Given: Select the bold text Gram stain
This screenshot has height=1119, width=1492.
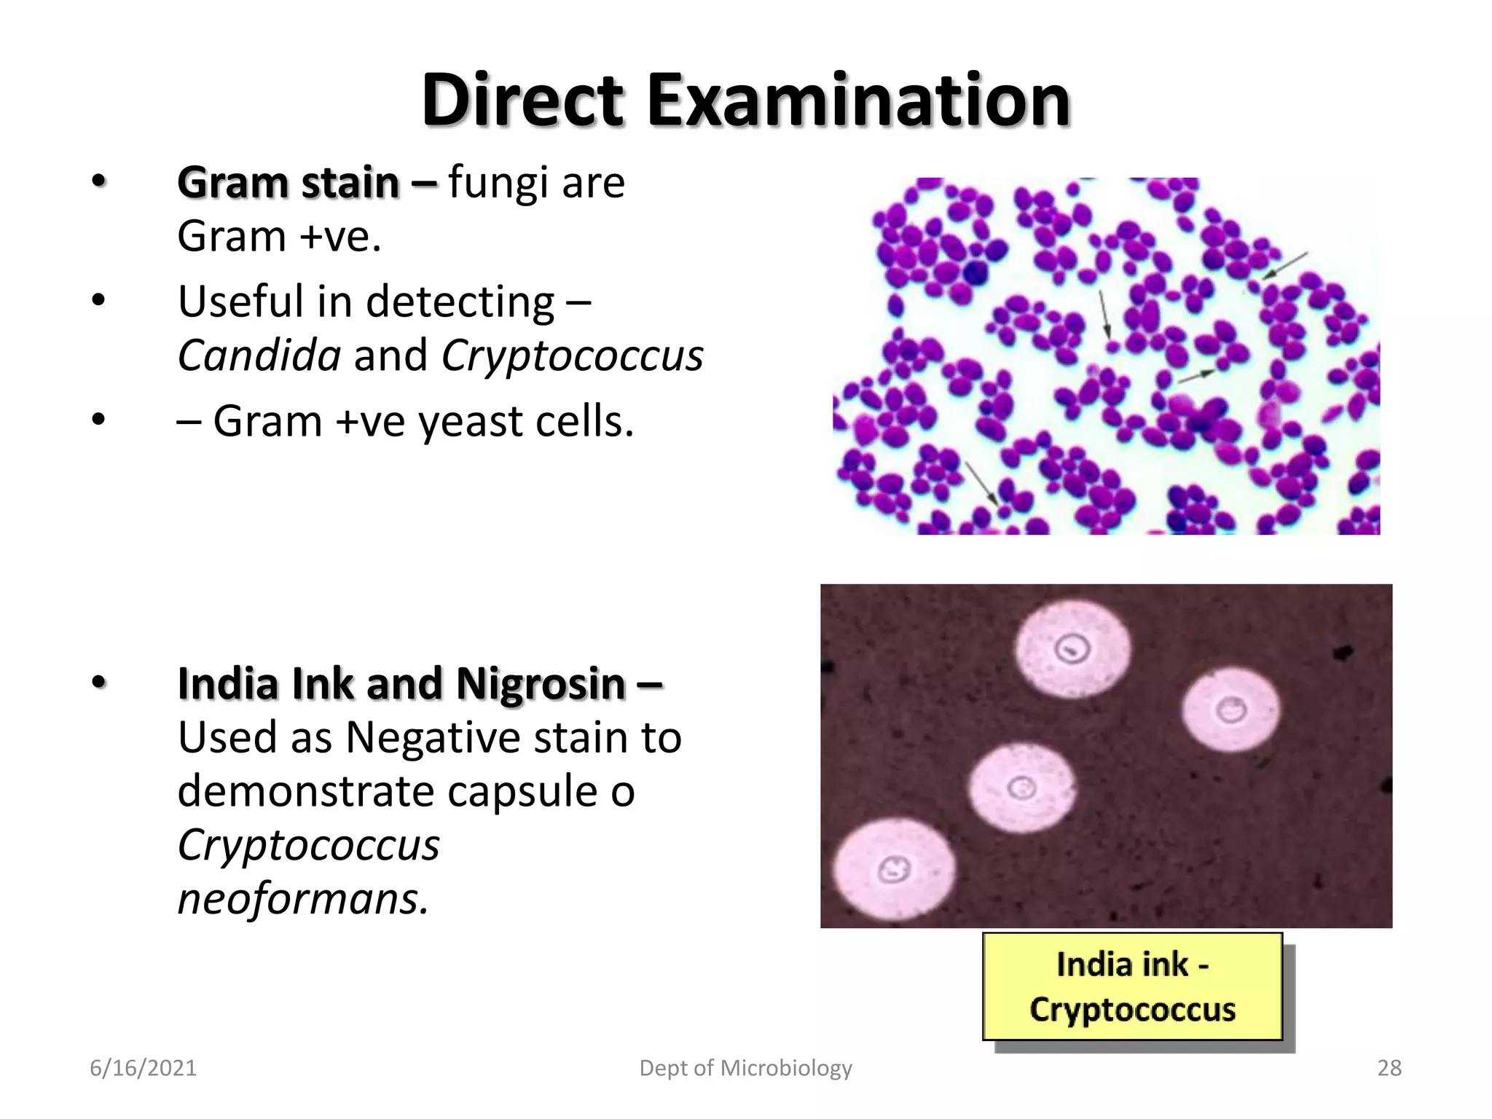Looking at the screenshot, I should click(288, 182).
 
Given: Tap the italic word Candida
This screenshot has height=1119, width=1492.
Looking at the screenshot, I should click(259, 356).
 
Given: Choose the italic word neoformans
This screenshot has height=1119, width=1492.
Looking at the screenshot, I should click(303, 898).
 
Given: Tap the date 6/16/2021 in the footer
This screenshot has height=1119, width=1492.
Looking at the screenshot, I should click(143, 1068).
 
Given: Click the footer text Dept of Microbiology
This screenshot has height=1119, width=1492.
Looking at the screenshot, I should click(745, 1068).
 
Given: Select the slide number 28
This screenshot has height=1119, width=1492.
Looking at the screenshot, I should click(1389, 1068).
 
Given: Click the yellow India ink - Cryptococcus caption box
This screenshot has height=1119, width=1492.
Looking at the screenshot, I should click(1132, 986).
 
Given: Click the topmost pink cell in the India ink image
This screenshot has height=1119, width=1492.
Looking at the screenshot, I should click(1073, 648).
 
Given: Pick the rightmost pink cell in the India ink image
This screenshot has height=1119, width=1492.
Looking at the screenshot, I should click(1230, 709).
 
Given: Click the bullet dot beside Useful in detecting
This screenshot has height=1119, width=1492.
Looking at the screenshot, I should click(98, 300).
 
